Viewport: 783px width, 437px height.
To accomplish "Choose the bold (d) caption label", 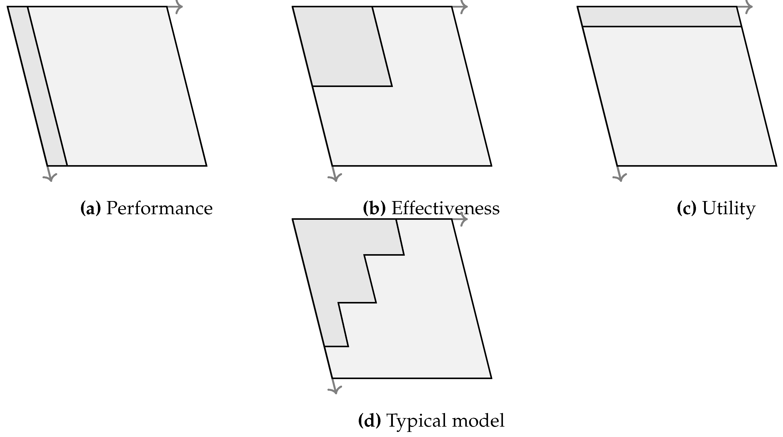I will click(369, 421).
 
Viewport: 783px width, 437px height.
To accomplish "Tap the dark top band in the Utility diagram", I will click(660, 16).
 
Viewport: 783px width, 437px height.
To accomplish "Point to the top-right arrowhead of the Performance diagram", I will click(179, 6).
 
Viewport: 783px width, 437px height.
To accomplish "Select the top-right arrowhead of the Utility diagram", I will click(749, 6).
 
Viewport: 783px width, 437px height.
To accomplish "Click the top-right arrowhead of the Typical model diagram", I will click(464, 219).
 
